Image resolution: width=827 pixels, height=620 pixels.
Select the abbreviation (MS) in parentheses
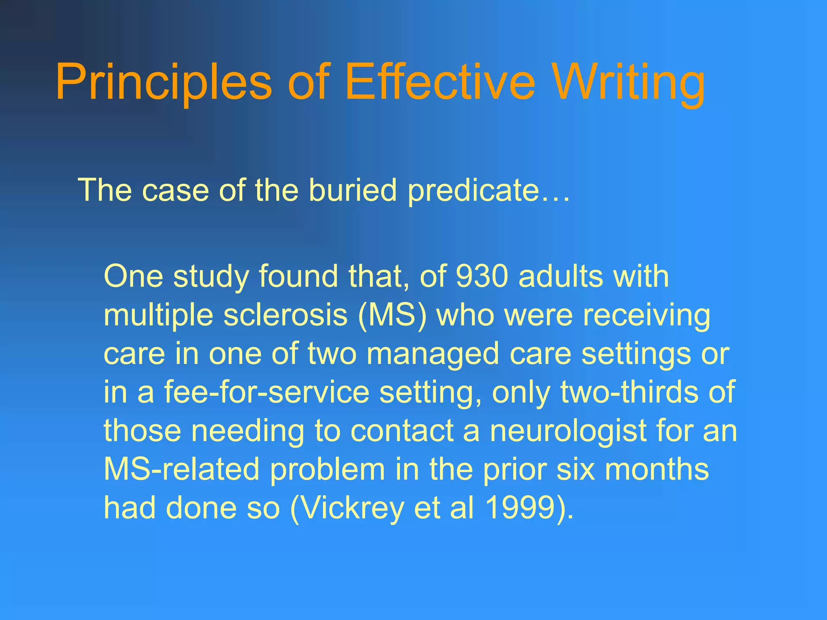392,315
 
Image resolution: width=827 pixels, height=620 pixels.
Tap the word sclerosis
285,315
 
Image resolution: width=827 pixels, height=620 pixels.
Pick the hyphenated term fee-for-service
266,392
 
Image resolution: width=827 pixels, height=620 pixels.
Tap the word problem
327,469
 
